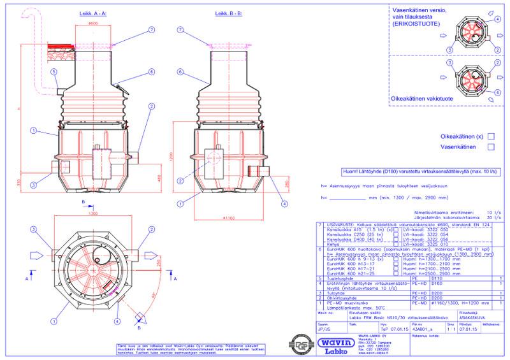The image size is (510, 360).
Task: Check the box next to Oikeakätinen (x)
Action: click(x=490, y=136)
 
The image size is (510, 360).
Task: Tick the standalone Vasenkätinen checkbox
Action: click(x=490, y=147)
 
